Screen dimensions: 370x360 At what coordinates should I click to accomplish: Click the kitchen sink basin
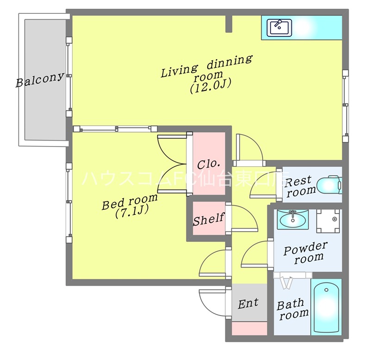(279, 28)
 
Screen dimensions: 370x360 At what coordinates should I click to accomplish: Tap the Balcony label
(40, 79)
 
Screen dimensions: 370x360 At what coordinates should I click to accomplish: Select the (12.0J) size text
(210, 86)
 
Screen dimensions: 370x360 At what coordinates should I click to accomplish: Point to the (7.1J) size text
(132, 212)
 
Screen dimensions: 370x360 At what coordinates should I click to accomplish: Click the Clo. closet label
(209, 164)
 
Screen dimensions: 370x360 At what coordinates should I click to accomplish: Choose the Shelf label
(209, 219)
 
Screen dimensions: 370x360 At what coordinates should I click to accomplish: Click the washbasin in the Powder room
(293, 220)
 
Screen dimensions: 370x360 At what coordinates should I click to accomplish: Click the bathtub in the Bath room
(327, 307)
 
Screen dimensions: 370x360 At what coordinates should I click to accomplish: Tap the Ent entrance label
(248, 303)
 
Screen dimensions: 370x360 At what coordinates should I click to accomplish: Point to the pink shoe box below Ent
(249, 328)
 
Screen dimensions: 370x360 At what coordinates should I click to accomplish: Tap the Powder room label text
(306, 252)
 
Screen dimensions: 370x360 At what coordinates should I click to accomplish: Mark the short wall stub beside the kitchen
(229, 24)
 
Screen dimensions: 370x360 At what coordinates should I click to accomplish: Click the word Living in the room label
(179, 70)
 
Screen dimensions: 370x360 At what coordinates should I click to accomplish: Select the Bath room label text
(293, 309)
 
